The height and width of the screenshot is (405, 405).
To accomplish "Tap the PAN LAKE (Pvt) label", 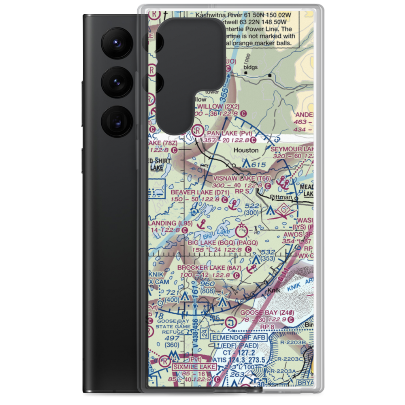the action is click(x=229, y=133).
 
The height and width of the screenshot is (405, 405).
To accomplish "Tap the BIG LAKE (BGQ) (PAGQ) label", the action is click(x=222, y=243).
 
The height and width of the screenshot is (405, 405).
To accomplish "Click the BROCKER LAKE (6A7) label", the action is click(x=209, y=268).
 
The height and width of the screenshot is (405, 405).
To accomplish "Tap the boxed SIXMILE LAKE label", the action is click(x=194, y=367).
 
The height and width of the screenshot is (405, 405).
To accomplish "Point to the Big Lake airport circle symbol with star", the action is click(x=242, y=231).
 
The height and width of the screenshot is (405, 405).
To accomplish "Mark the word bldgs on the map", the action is click(x=250, y=68).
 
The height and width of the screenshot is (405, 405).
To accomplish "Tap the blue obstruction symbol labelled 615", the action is click(x=246, y=164).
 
